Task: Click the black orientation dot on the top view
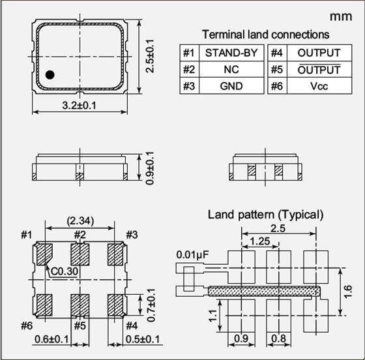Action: click(50, 75)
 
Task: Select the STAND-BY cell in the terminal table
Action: click(231, 53)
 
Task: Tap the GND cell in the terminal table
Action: click(231, 86)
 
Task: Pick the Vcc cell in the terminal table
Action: click(319, 86)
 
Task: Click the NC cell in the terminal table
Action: click(231, 69)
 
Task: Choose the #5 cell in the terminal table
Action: click(277, 69)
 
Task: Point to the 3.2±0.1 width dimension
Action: click(79, 106)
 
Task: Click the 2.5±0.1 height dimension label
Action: click(150, 56)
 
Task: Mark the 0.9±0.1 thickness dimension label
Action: click(150, 168)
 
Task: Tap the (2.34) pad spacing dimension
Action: click(80, 220)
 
